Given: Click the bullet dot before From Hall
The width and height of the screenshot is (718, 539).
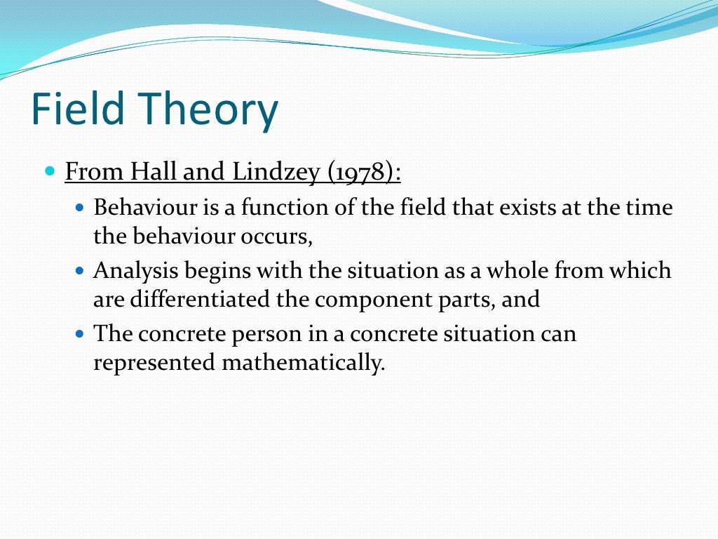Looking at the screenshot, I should tap(49, 171).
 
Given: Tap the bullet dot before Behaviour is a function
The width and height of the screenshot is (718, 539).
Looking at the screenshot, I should tap(79, 208).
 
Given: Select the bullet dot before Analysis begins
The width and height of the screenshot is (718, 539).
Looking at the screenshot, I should tap(79, 270).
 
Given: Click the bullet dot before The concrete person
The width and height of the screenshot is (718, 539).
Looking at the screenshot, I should tap(79, 333).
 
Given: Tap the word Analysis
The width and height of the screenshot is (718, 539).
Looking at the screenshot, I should tap(132, 270).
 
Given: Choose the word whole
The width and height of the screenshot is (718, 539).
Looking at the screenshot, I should tap(510, 270).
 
